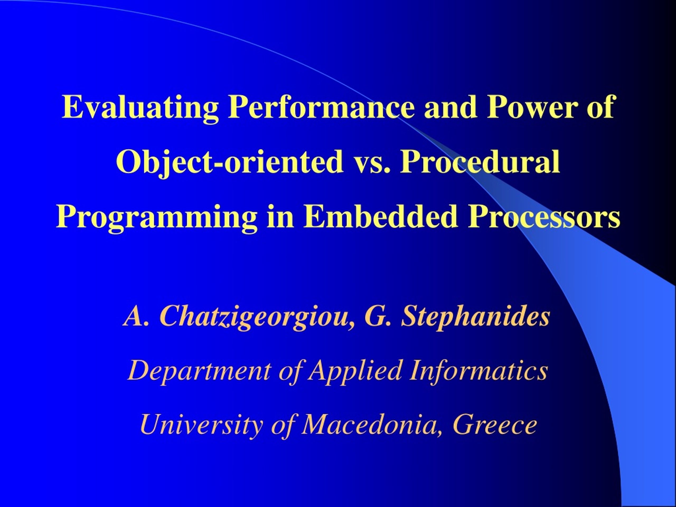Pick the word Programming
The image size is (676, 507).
(x=157, y=218)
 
